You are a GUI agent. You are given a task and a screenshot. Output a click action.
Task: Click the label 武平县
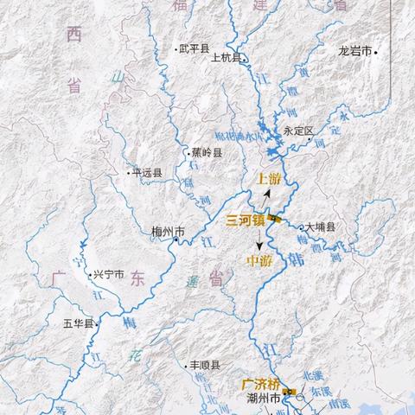(x=194, y=49)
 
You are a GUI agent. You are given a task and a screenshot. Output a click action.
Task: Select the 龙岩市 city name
(x=355, y=52)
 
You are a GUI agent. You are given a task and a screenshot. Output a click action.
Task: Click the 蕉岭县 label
(x=207, y=153)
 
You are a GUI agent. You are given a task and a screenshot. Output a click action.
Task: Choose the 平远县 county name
(x=148, y=173)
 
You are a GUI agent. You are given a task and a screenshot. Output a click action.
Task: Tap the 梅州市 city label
(x=167, y=231)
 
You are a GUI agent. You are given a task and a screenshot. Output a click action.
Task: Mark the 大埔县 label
(x=319, y=227)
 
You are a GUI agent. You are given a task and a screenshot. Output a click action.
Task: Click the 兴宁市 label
(x=109, y=274)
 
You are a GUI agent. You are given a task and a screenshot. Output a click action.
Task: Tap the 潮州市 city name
(x=263, y=399)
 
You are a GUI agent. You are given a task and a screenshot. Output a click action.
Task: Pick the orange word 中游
(x=259, y=259)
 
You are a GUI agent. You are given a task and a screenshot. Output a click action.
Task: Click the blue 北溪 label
(x=311, y=376)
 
